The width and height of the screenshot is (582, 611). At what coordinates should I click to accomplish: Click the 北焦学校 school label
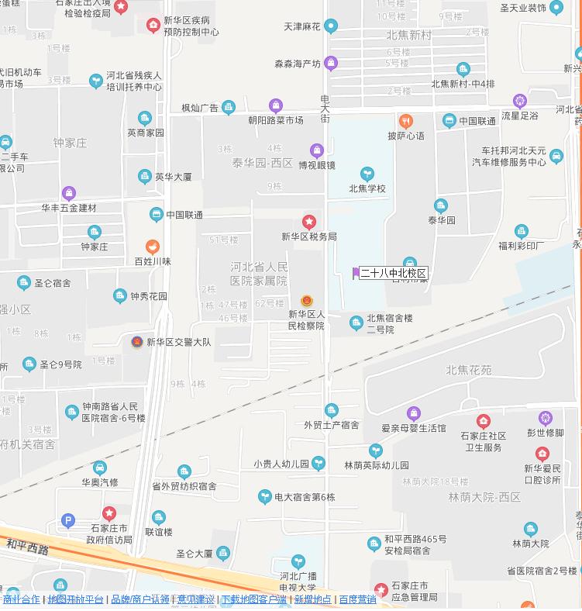[x=367, y=188]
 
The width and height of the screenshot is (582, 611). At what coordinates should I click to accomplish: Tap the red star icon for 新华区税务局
[x=309, y=223]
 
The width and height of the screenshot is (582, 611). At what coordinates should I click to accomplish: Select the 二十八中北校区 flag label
[x=394, y=273]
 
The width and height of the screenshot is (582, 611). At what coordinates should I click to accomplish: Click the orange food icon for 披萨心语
[x=405, y=121]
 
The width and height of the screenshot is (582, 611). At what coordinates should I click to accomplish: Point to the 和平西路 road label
[x=27, y=549]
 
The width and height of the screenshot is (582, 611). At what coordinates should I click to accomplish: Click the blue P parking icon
[x=68, y=521]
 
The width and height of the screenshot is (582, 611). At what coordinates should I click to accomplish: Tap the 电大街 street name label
[x=325, y=108]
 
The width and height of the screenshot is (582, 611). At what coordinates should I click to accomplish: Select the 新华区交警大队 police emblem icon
[x=137, y=342]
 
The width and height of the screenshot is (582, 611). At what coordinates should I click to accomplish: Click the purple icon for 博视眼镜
[x=316, y=150]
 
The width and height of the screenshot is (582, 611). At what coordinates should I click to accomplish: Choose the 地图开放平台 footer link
[x=75, y=599]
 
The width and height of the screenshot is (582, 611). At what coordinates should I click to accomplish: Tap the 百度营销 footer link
[x=357, y=599]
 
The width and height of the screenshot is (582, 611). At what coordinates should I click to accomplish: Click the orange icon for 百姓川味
[x=153, y=247]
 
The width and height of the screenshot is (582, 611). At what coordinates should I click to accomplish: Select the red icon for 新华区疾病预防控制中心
[x=153, y=26]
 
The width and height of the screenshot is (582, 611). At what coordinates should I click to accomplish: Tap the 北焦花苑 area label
[x=468, y=370]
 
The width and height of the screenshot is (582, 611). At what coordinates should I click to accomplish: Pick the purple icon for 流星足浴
[x=520, y=101]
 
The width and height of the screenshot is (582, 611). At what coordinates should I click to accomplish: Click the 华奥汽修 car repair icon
[x=100, y=468]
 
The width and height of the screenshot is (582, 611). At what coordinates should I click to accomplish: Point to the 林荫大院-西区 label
[x=483, y=497]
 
